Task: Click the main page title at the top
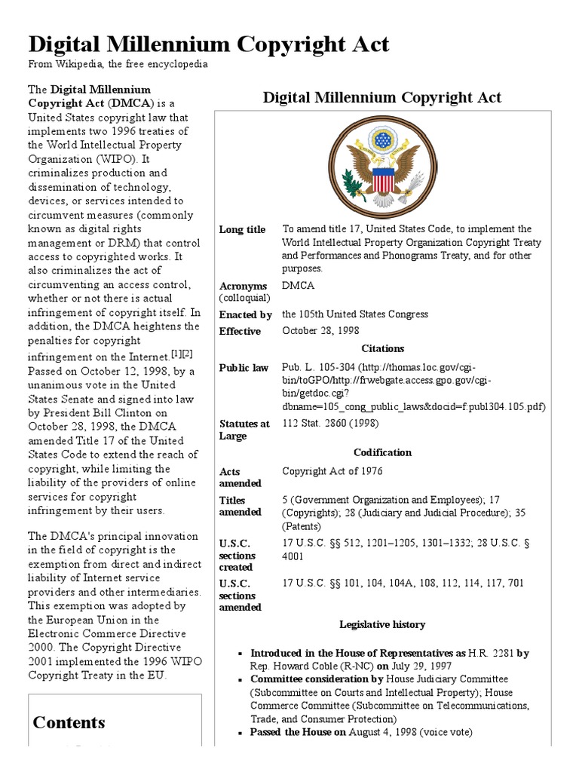click(x=209, y=44)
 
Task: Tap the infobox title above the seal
click(x=381, y=97)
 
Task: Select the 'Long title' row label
click(x=242, y=229)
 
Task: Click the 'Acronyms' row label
click(x=243, y=286)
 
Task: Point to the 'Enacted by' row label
click(x=245, y=314)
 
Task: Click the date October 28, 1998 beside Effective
click(x=320, y=331)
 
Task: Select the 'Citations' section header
click(x=383, y=348)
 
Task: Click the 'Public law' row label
click(x=244, y=368)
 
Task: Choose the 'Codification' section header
click(x=383, y=452)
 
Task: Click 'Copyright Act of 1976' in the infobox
click(x=332, y=471)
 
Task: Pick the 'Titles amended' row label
click(x=240, y=506)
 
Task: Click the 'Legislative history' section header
click(x=382, y=624)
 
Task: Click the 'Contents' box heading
click(x=69, y=722)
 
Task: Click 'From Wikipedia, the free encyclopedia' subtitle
click(x=118, y=65)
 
